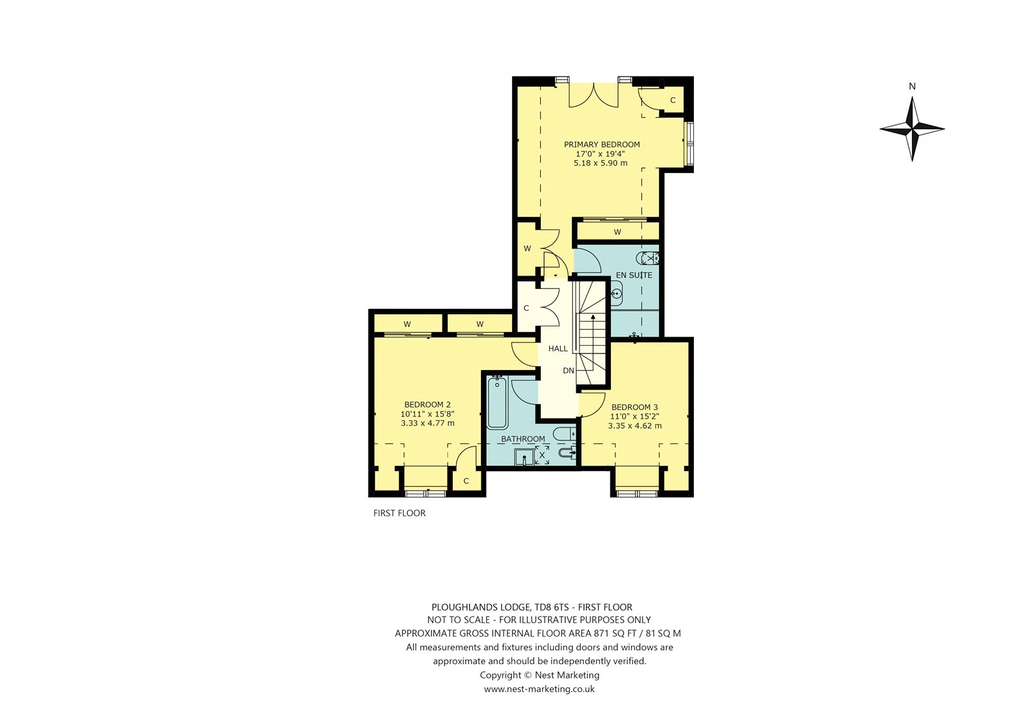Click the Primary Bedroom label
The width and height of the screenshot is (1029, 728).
(x=602, y=144)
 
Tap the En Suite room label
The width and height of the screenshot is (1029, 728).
(x=634, y=275)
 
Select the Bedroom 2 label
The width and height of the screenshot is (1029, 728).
(x=427, y=405)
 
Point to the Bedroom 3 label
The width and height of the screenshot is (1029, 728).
(x=634, y=407)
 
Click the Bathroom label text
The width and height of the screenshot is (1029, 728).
(x=523, y=439)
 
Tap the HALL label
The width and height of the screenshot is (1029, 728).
(x=558, y=349)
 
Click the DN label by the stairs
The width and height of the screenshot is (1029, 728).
(x=569, y=371)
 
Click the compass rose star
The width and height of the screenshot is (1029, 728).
(x=913, y=129)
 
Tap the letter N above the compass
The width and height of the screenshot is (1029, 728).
(x=913, y=86)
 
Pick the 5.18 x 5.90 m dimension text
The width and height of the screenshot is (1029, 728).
(x=601, y=163)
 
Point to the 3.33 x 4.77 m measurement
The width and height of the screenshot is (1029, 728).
(x=428, y=423)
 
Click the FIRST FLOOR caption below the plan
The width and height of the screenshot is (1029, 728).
(x=399, y=513)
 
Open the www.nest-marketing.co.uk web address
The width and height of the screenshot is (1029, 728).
(x=540, y=689)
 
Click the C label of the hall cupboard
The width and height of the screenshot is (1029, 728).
(x=527, y=308)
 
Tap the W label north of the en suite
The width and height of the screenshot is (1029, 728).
(x=617, y=232)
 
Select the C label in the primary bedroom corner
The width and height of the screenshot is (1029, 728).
(x=673, y=100)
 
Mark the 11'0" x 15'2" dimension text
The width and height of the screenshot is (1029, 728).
(x=634, y=416)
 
